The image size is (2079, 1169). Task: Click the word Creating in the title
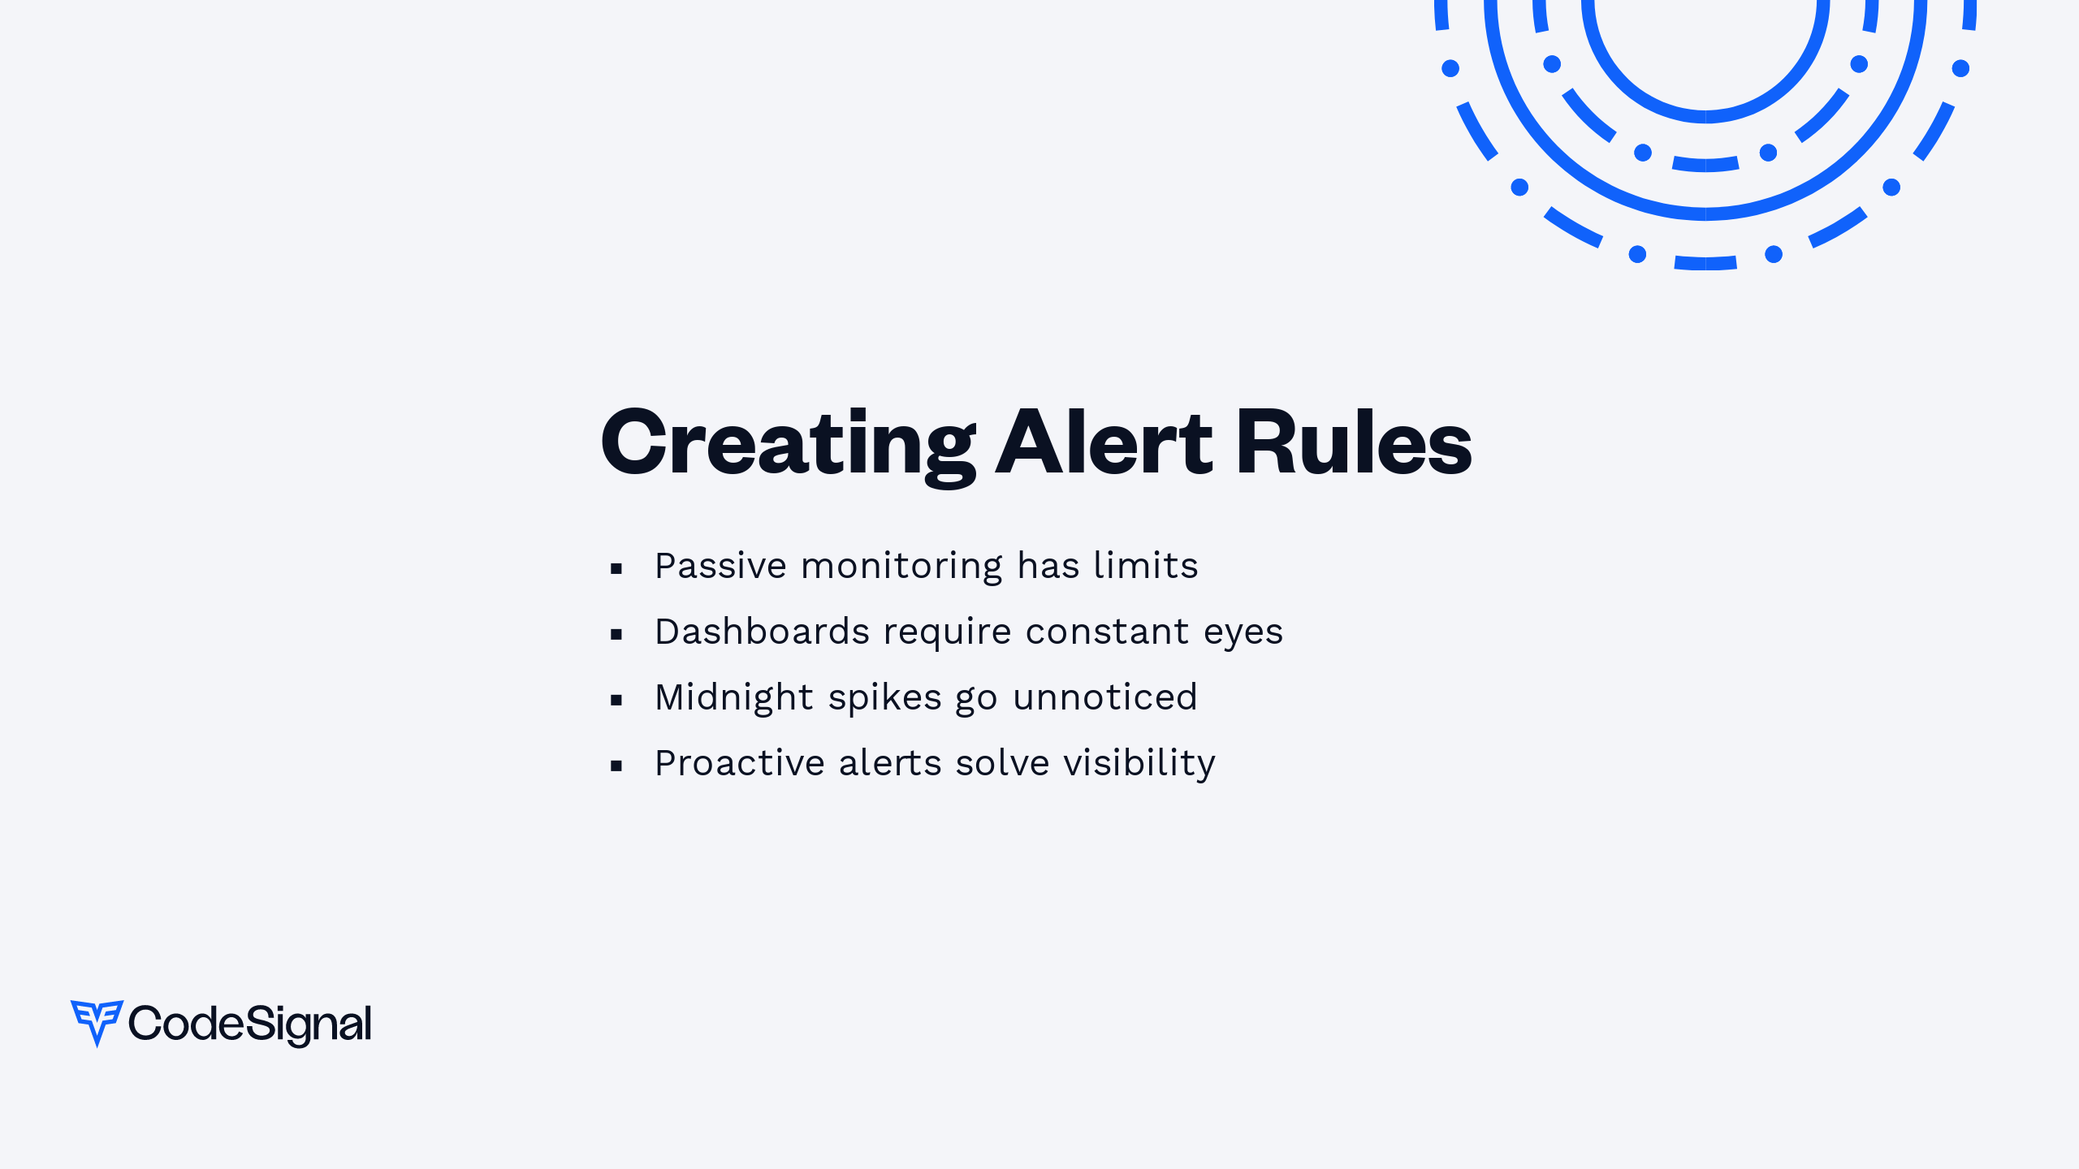pyautogui.click(x=789, y=446)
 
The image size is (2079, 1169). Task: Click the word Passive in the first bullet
pyautogui.click(x=720, y=566)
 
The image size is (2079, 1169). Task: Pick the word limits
pyautogui.click(x=1146, y=565)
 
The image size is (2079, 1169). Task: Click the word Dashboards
pyautogui.click(x=763, y=632)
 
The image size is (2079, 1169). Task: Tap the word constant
pyautogui.click(x=1108, y=632)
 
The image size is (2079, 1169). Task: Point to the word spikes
pyautogui.click(x=885, y=699)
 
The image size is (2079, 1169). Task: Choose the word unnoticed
pyautogui.click(x=1105, y=697)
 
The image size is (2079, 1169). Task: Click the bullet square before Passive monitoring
pyautogui.click(x=616, y=568)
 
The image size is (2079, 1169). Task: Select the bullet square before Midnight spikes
pyautogui.click(x=616, y=700)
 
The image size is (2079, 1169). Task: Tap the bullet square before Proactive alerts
pyautogui.click(x=616, y=766)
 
